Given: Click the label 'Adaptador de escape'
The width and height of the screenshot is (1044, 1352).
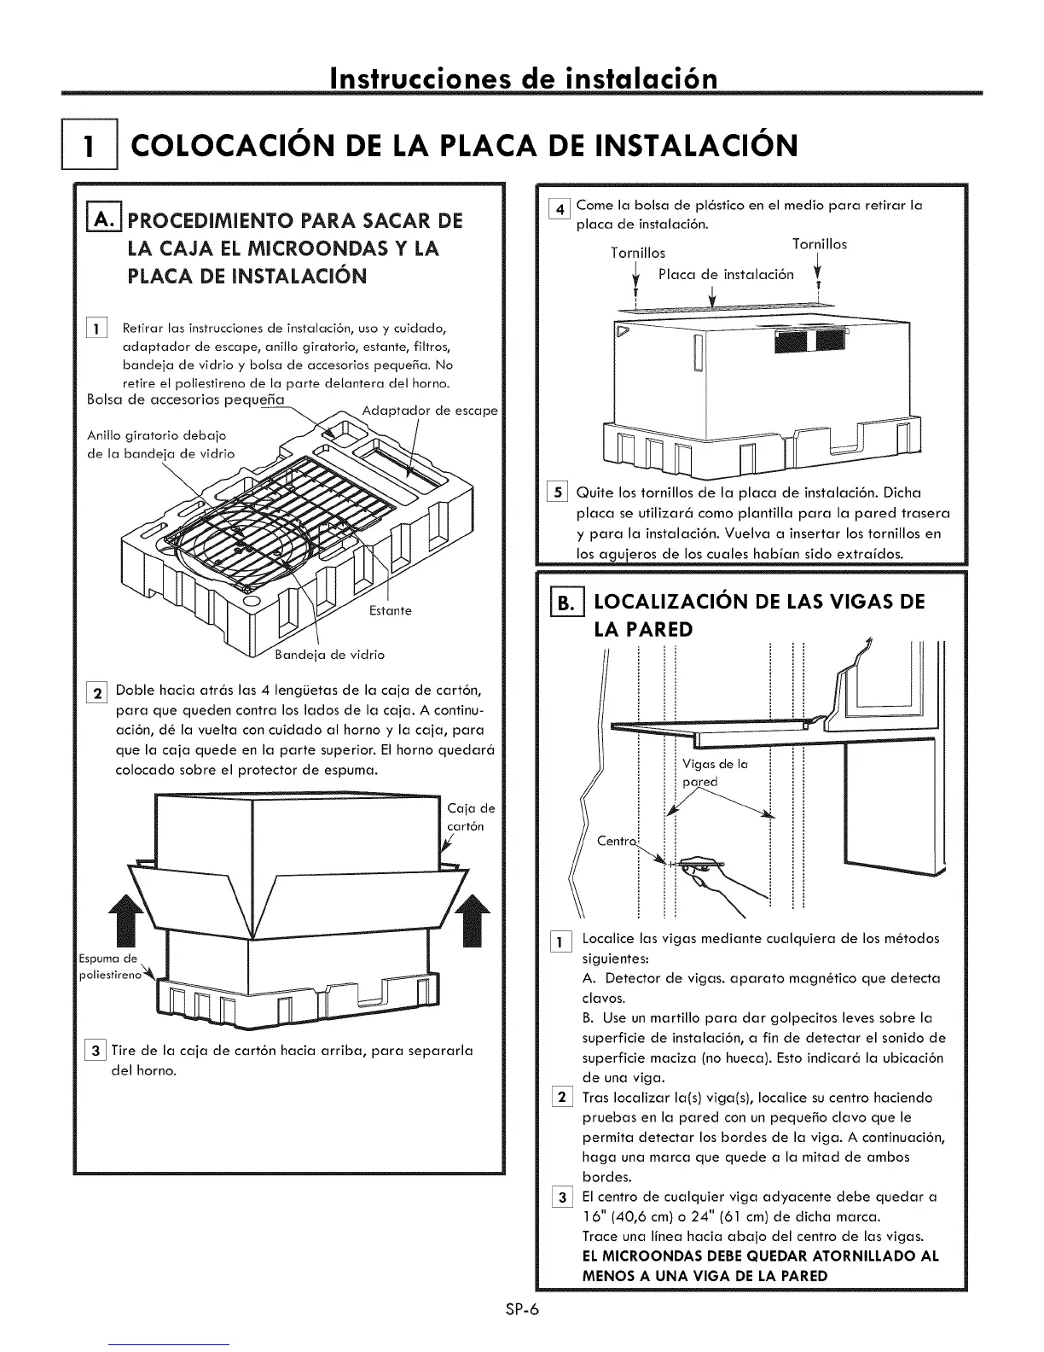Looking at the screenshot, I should click(429, 411).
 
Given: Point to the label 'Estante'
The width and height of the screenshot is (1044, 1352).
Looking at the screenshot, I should click(391, 610).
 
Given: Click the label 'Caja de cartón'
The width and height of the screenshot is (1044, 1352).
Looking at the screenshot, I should click(469, 817).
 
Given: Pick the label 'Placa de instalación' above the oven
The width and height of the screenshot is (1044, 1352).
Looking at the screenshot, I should click(726, 274).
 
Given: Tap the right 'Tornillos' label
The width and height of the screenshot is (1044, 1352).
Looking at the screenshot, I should click(819, 244).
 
